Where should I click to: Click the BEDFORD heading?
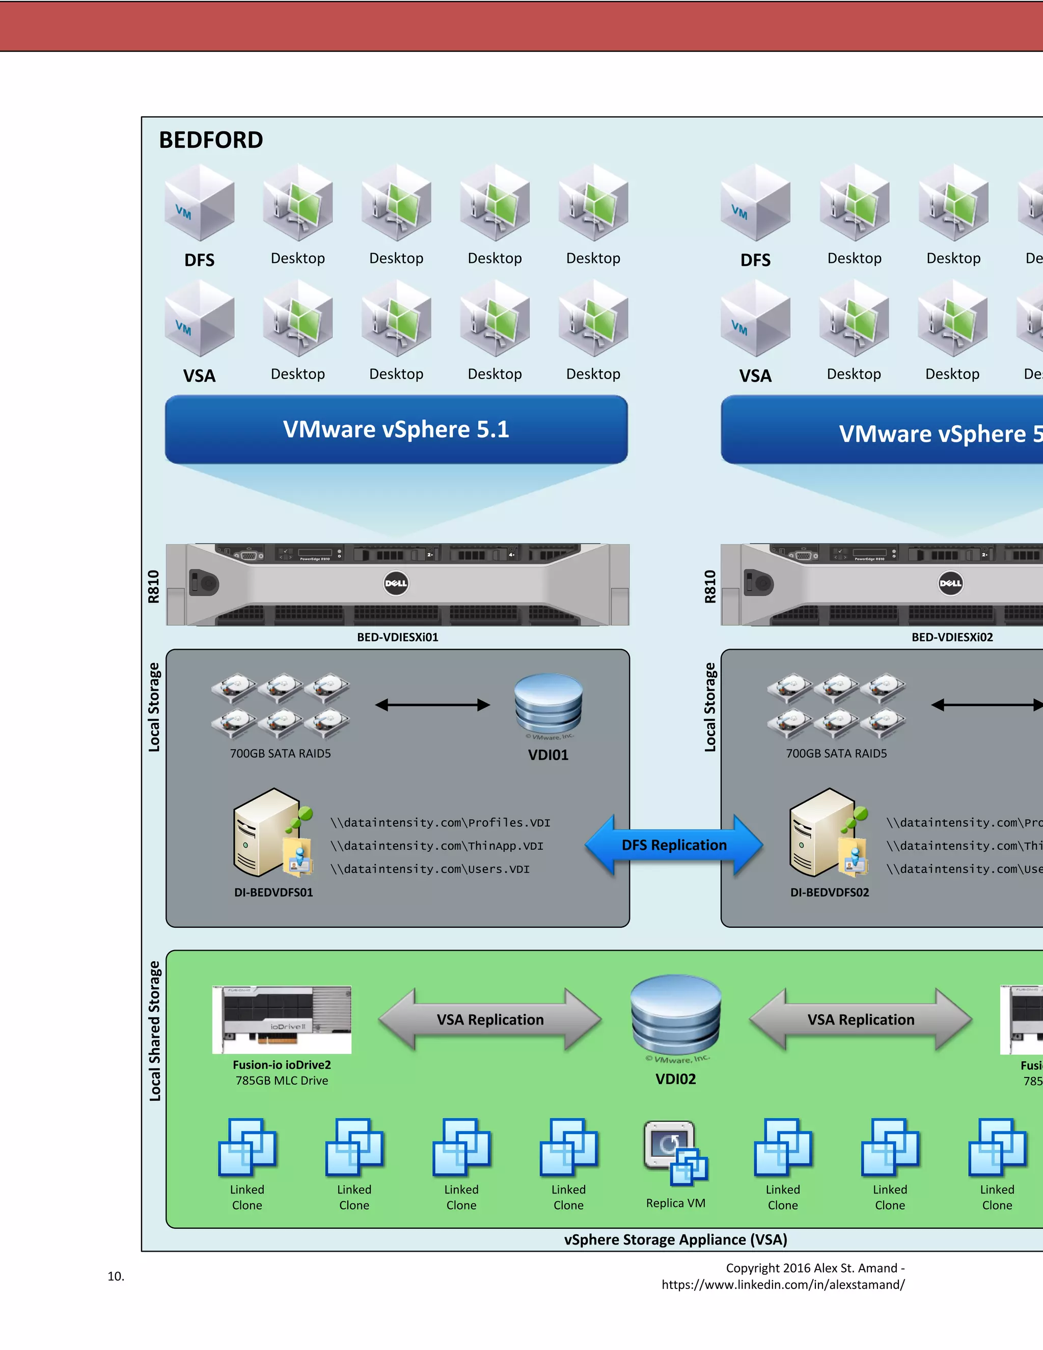click(x=211, y=140)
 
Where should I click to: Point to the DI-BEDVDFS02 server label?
click(x=829, y=893)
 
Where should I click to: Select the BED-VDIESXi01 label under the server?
click(x=397, y=637)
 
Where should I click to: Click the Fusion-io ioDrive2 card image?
click(x=282, y=1019)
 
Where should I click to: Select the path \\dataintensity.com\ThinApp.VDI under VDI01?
click(x=436, y=846)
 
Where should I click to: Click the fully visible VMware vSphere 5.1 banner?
click(x=396, y=429)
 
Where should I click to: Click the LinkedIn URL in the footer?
click(x=782, y=1284)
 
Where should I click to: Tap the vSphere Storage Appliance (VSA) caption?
click(x=675, y=1239)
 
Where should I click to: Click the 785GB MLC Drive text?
click(x=282, y=1081)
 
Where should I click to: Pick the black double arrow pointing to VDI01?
click(x=432, y=705)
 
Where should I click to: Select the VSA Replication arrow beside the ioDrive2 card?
click(x=489, y=1019)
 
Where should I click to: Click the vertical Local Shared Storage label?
click(x=154, y=1031)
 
